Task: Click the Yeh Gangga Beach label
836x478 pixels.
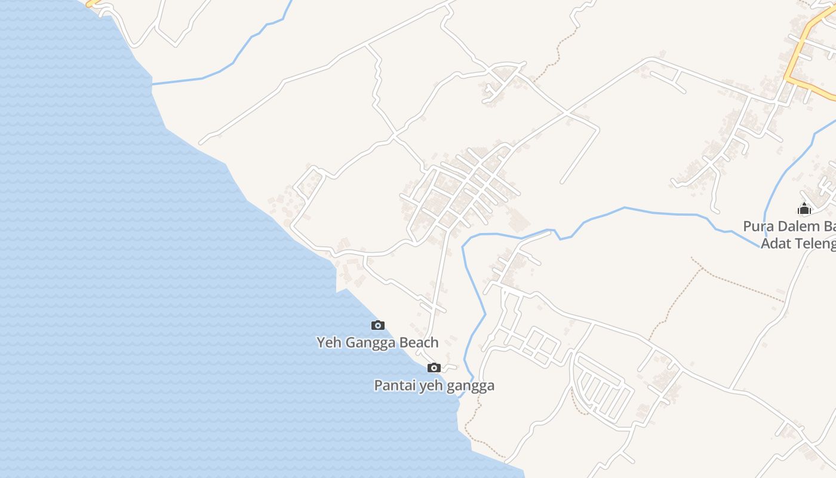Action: click(377, 342)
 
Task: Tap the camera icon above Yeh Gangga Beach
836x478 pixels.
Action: click(377, 326)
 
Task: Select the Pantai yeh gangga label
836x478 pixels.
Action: click(434, 385)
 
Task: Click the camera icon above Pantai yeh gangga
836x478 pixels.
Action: click(434, 367)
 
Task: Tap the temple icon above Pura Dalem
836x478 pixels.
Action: click(804, 209)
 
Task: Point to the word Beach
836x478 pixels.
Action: click(419, 342)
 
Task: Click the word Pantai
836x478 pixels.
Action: click(395, 385)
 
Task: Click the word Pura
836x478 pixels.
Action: click(757, 226)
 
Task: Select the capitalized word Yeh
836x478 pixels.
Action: click(328, 342)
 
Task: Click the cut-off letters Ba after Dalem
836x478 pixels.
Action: click(829, 226)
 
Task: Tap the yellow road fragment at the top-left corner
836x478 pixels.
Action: click(92, 4)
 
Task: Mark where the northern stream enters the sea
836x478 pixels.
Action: click(153, 84)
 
